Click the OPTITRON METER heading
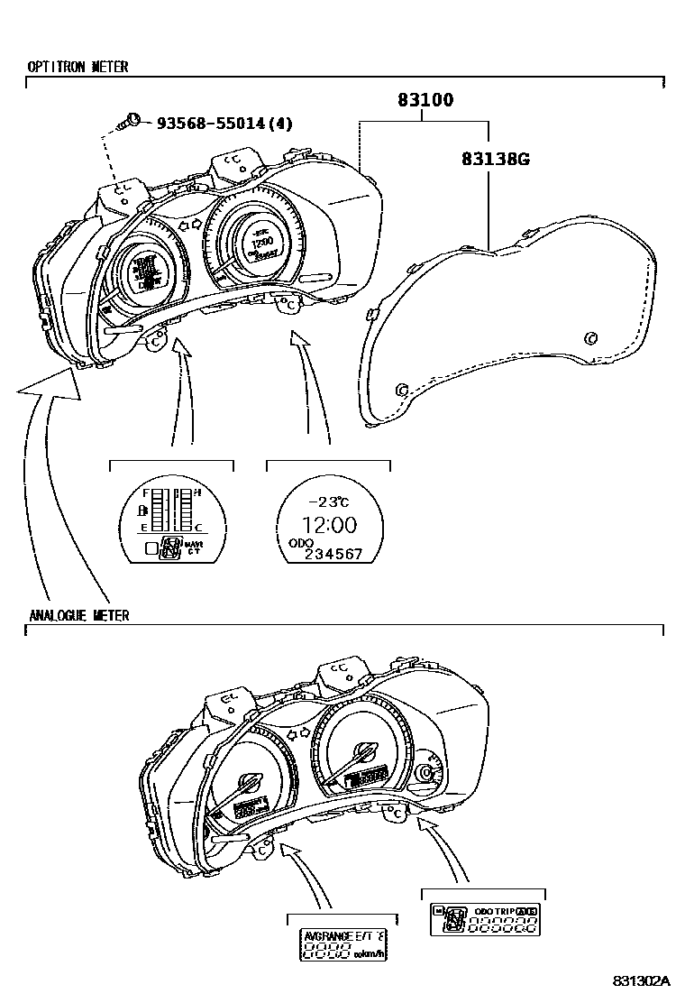pyautogui.click(x=78, y=67)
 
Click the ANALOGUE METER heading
pyautogui.click(x=78, y=615)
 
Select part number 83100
pyautogui.click(x=425, y=100)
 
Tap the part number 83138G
pyautogui.click(x=495, y=159)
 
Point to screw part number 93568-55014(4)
pyautogui.click(x=224, y=123)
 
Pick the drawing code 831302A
pyautogui.click(x=643, y=980)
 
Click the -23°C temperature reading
pyautogui.click(x=328, y=502)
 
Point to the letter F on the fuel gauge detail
pyautogui.click(x=146, y=493)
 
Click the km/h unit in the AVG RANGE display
pyautogui.click(x=369, y=953)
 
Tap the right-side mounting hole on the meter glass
pyautogui.click(x=590, y=338)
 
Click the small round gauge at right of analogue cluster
pyautogui.click(x=425, y=773)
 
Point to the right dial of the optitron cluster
pyautogui.click(x=259, y=237)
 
